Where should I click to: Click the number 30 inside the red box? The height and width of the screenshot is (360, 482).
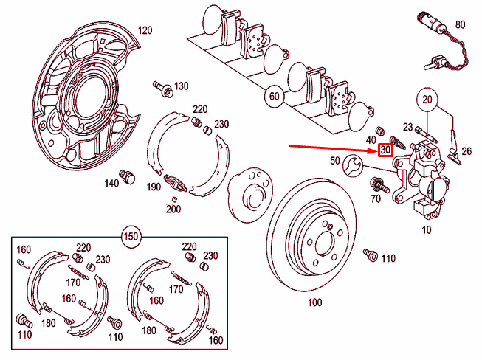385,150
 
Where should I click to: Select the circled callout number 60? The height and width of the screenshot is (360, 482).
273,95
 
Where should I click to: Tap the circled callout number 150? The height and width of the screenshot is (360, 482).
130,237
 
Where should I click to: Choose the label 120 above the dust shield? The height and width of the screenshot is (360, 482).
145,30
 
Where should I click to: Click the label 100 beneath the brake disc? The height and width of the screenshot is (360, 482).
315,302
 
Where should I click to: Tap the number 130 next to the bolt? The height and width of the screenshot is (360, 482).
182,86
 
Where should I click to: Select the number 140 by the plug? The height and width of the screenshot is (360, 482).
111,182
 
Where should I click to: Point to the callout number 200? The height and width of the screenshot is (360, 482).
173,210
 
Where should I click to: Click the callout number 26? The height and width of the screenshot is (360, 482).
466,151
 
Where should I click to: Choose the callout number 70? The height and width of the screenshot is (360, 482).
375,198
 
